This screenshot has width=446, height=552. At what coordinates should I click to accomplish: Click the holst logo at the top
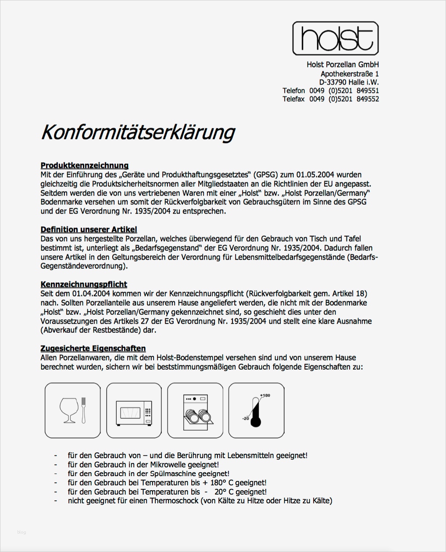click(x=335, y=38)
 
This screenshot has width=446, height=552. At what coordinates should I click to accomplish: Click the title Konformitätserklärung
click(x=138, y=132)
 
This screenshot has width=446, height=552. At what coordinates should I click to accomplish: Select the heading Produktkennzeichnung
click(x=85, y=165)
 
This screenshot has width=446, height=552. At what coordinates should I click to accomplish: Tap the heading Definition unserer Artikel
click(x=89, y=229)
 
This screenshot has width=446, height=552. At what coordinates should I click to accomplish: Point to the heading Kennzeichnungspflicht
click(x=84, y=284)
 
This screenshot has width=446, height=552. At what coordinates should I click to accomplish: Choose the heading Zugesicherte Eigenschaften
click(x=93, y=348)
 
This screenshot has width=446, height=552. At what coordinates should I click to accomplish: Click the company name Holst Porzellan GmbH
click(x=343, y=64)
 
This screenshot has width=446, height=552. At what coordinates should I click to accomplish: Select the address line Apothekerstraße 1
click(x=350, y=74)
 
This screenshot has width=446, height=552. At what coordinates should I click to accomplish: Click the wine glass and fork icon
click(x=73, y=410)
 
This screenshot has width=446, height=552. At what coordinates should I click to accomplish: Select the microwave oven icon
click(x=134, y=410)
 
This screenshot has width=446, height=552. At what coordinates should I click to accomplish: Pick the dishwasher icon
click(x=196, y=410)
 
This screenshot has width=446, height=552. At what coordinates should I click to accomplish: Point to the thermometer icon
click(x=257, y=410)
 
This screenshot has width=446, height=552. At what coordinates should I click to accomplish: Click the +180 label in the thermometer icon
click(x=265, y=395)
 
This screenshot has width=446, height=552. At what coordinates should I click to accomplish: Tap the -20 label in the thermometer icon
click(x=246, y=418)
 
